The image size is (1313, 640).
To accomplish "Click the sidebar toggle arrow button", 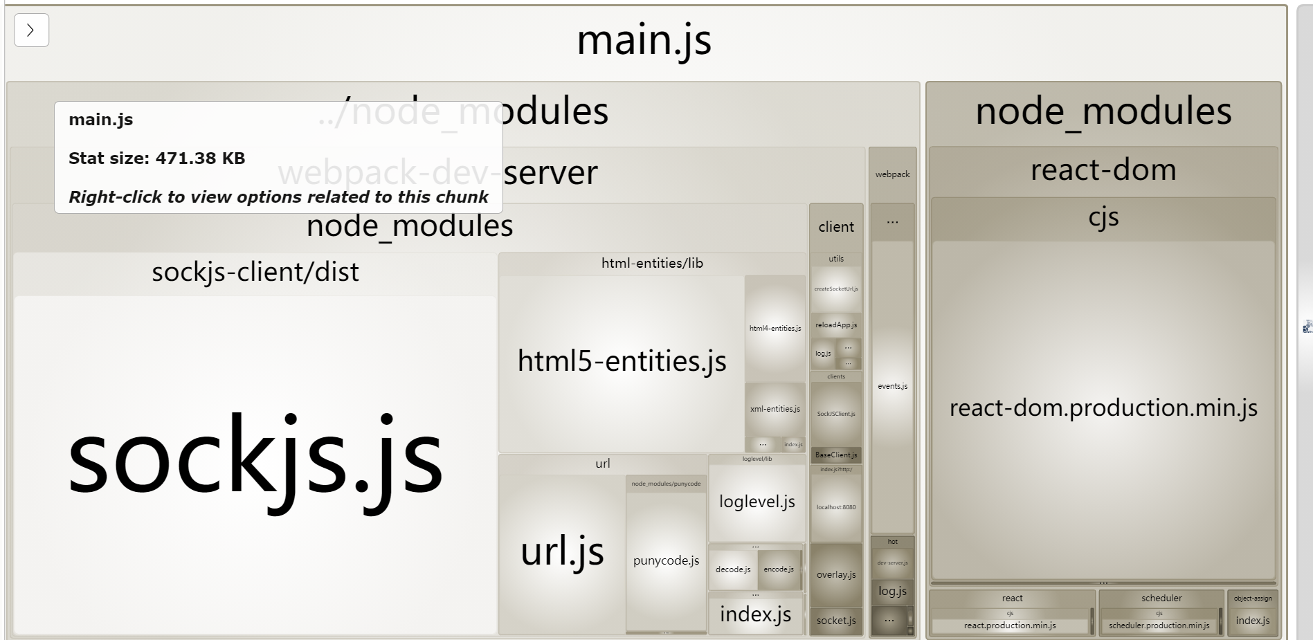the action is [x=31, y=30].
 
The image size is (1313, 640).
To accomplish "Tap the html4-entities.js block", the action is [x=775, y=329].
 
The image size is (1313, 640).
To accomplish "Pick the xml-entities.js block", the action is [x=775, y=409].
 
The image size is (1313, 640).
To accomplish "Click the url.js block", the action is [x=562, y=551].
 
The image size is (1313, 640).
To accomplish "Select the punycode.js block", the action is [x=666, y=560].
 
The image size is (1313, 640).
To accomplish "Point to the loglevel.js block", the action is [x=757, y=502].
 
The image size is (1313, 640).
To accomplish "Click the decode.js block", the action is [x=733, y=569].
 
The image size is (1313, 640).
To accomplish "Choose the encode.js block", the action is [x=779, y=569].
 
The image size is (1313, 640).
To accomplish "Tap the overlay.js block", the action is [x=836, y=574].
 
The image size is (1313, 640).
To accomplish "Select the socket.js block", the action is [x=836, y=621].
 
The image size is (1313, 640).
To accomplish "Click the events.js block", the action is [x=892, y=386].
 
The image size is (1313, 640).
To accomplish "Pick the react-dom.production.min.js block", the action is [x=1103, y=408].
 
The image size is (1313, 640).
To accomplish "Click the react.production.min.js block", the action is [x=1010, y=625].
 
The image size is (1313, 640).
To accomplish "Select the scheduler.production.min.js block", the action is [x=1159, y=625].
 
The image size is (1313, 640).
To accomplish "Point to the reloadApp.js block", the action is [x=836, y=324].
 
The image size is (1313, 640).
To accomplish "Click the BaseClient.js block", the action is [x=836, y=455].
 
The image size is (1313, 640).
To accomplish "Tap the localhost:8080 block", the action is [x=836, y=507].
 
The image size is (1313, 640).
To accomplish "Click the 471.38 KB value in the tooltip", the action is [x=200, y=158].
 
